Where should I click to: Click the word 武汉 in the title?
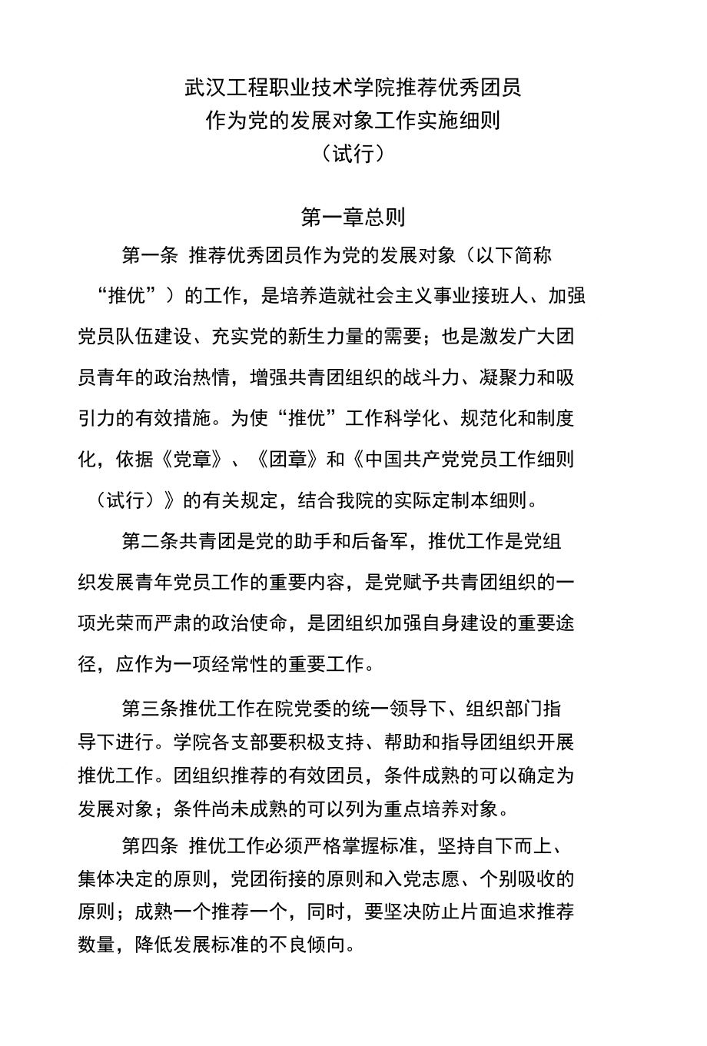[x=202, y=88]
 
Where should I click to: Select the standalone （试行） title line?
[x=353, y=154]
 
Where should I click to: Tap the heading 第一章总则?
[x=353, y=218]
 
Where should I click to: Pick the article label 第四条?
[x=150, y=845]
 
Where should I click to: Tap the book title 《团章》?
[x=287, y=460]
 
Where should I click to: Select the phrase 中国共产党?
[x=411, y=460]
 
